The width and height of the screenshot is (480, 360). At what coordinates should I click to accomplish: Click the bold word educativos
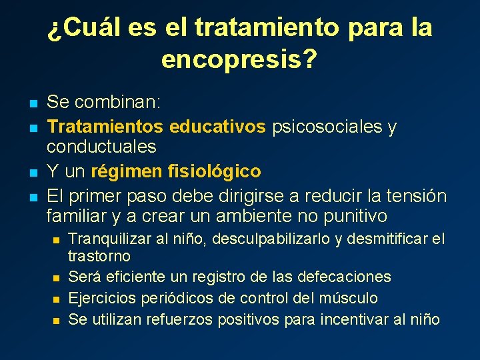point(217,126)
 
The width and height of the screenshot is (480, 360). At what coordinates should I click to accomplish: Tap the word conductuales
point(101,146)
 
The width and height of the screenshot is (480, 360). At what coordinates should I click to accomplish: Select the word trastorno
point(99,256)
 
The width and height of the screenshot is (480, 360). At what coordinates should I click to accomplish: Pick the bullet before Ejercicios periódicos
point(57,299)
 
